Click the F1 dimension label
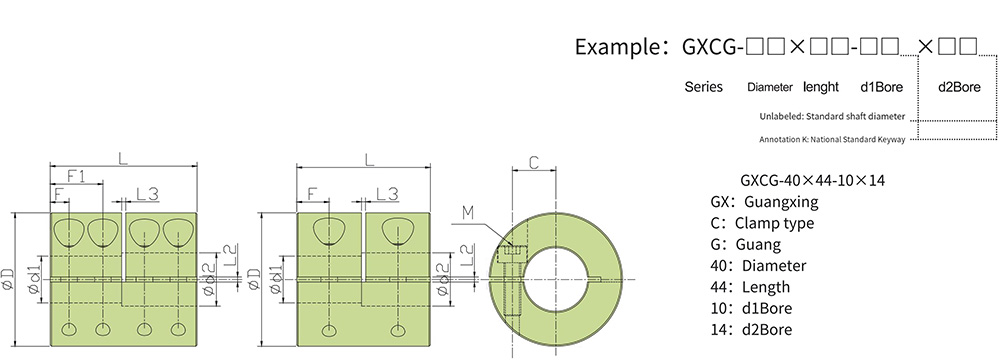[77, 176]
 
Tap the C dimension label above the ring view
[535, 163]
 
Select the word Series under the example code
[703, 87]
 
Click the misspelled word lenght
[821, 87]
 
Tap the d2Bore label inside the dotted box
[959, 87]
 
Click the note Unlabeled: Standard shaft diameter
[832, 117]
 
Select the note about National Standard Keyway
[832, 139]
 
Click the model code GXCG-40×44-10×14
[812, 181]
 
